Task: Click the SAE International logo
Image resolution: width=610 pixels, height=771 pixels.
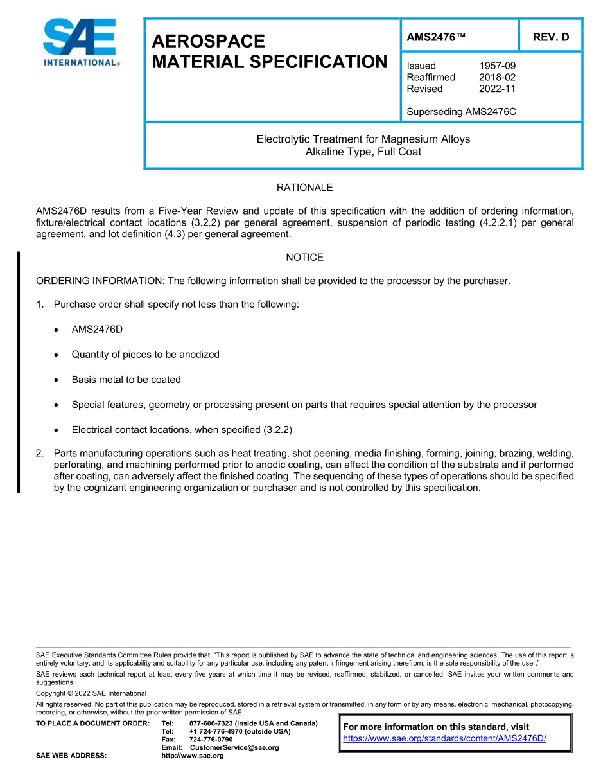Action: click(80, 42)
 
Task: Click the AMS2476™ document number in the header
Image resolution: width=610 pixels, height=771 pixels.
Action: click(435, 37)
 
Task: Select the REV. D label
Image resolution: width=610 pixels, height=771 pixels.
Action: click(551, 37)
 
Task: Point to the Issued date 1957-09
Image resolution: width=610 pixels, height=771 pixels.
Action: click(497, 66)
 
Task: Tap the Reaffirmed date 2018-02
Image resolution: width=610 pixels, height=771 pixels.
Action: click(497, 77)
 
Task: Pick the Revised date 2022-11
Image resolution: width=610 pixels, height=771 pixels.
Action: click(497, 89)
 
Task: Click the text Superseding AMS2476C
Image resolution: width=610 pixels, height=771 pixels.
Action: click(461, 112)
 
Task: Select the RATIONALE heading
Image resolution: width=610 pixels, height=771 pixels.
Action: click(304, 188)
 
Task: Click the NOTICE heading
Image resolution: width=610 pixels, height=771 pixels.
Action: click(304, 257)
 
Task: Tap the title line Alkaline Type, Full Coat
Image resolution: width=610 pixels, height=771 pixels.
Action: click(363, 152)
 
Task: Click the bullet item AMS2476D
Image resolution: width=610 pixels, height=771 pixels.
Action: click(97, 329)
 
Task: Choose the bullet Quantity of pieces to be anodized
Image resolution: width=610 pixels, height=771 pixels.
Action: click(145, 354)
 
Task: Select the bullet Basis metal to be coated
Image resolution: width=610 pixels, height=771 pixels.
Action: click(126, 380)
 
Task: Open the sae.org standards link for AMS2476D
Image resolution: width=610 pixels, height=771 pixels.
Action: click(444, 738)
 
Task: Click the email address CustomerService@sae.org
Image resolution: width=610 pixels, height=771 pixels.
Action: click(234, 747)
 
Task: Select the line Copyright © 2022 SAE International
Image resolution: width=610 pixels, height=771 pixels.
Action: click(91, 693)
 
